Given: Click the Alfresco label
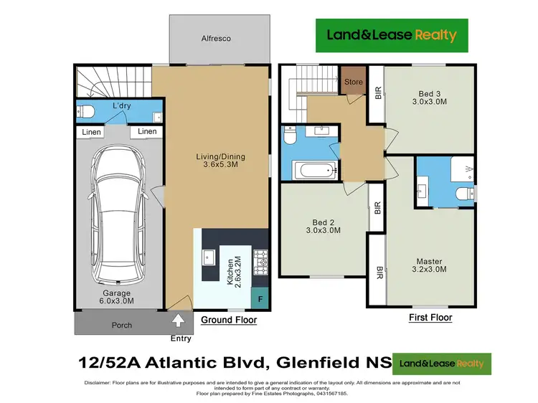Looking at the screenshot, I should point(220,38).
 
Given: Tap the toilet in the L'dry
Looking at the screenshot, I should point(86,112).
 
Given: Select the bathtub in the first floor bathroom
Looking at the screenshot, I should point(314,171).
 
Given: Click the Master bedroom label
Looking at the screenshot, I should point(430,265).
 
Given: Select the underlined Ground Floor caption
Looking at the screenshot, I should point(228,320).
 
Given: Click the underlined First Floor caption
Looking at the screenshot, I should point(430,317).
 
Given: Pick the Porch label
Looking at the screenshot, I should point(122,325).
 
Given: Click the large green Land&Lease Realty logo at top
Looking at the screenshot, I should point(392,34).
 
